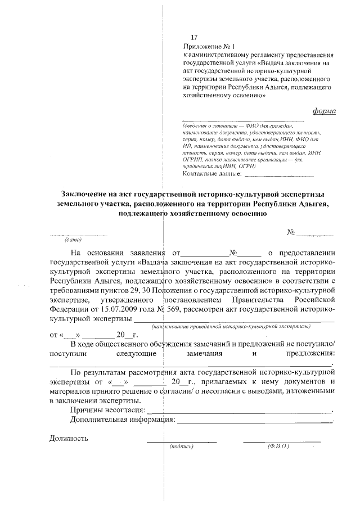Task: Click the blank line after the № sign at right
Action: coord(315,233)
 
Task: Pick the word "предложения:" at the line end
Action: coord(310,353)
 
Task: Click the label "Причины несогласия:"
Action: coord(104,411)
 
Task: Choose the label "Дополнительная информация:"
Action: coord(120,420)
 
